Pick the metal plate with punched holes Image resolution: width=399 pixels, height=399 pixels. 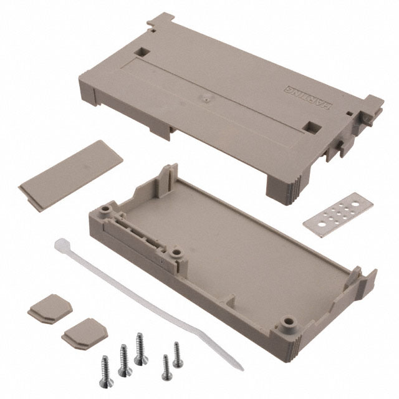click(x=334, y=213)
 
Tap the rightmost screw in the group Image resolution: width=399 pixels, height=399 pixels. click(x=177, y=353)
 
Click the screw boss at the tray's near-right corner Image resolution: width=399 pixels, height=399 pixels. click(x=288, y=324)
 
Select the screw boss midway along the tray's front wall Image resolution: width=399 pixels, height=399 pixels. click(x=177, y=254)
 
